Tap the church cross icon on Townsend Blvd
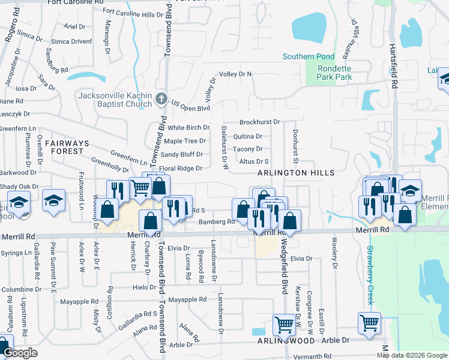(x=161, y=98)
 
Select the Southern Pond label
(x=308, y=57)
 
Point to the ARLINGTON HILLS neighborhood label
(x=295, y=173)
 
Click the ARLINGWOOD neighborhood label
(x=286, y=341)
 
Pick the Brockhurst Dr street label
(x=260, y=122)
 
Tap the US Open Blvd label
(x=190, y=106)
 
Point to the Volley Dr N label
(x=235, y=74)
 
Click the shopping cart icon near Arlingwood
(x=284, y=325)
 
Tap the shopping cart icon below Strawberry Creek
(x=370, y=323)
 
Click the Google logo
(x=20, y=353)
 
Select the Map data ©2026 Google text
(x=411, y=355)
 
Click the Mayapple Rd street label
(x=187, y=299)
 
